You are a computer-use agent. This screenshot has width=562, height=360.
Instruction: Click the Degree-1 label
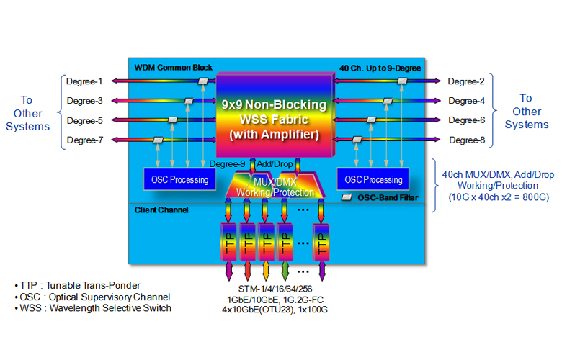tap(86, 81)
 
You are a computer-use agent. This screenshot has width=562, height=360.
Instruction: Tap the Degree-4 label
tap(466, 101)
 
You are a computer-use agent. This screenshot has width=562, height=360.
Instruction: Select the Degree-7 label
tap(86, 140)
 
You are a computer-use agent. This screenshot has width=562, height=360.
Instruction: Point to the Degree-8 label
tap(466, 140)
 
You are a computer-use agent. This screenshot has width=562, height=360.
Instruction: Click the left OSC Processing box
tap(176, 180)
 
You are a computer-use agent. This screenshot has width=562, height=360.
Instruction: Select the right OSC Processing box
tap(373, 180)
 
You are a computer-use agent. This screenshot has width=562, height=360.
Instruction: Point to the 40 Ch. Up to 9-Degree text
tap(380, 68)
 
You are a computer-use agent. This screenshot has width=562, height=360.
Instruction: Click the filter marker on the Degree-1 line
tap(204, 81)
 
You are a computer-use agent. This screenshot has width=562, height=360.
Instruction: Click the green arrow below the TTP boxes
tap(285, 271)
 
